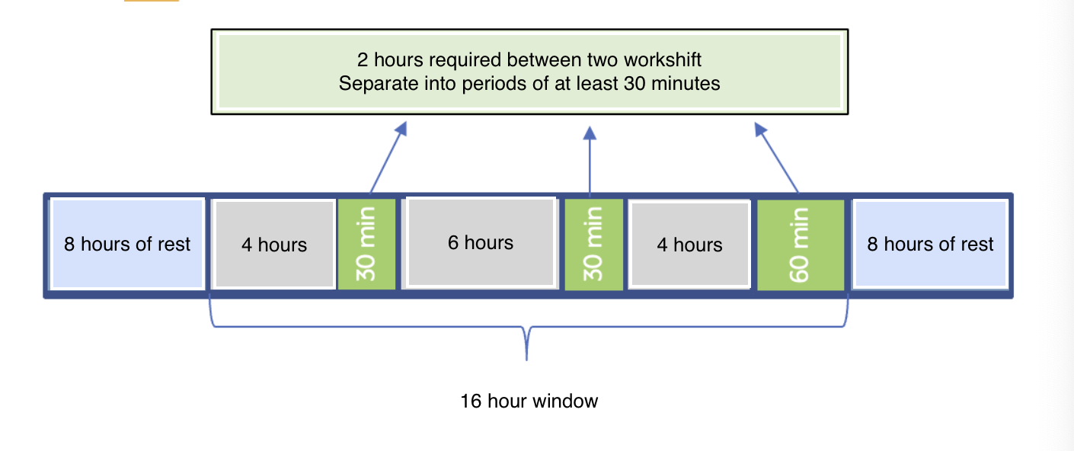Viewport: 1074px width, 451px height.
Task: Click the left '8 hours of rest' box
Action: (x=127, y=244)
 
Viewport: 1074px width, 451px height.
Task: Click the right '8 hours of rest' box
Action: (x=930, y=244)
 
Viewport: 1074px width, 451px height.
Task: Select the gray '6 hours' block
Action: (x=481, y=242)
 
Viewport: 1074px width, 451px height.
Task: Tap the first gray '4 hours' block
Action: (x=274, y=245)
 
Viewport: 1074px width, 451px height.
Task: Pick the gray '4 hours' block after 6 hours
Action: (x=689, y=245)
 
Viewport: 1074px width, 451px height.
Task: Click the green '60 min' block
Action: (x=800, y=245)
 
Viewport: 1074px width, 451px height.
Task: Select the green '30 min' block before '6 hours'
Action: (x=366, y=245)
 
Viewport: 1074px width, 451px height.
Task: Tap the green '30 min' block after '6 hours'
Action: (x=593, y=245)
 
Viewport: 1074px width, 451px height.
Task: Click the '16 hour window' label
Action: (x=529, y=401)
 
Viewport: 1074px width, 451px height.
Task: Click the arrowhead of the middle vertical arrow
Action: (x=589, y=133)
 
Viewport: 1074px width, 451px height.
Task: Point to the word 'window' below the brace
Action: (x=567, y=401)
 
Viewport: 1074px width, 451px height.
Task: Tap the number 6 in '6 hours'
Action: (x=452, y=242)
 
